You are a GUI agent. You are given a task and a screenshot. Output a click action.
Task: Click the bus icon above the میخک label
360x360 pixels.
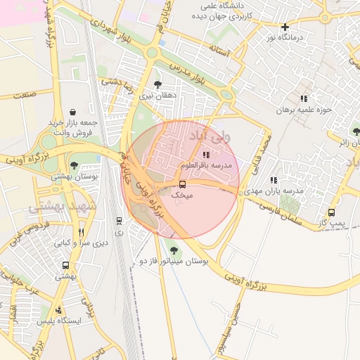click(183, 184)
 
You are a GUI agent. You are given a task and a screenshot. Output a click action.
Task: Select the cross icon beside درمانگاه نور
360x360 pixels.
click(285, 27)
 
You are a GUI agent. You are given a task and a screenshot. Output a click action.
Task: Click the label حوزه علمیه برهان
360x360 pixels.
click(302, 110)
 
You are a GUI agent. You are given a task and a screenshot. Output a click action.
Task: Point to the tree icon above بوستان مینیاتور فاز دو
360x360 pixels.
click(174, 250)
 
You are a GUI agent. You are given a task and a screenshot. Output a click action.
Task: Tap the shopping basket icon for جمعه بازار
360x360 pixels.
click(73, 112)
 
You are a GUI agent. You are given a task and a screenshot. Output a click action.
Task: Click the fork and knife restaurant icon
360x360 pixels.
click(82, 232)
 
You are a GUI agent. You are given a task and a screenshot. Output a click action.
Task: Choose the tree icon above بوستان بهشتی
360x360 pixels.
click(74, 166)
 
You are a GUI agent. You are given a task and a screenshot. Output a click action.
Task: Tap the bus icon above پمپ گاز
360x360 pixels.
click(331, 212)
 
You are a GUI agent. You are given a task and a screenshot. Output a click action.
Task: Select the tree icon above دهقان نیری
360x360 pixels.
click(156, 84)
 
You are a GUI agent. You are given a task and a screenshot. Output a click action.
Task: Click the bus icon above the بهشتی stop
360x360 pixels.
click(65, 266)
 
